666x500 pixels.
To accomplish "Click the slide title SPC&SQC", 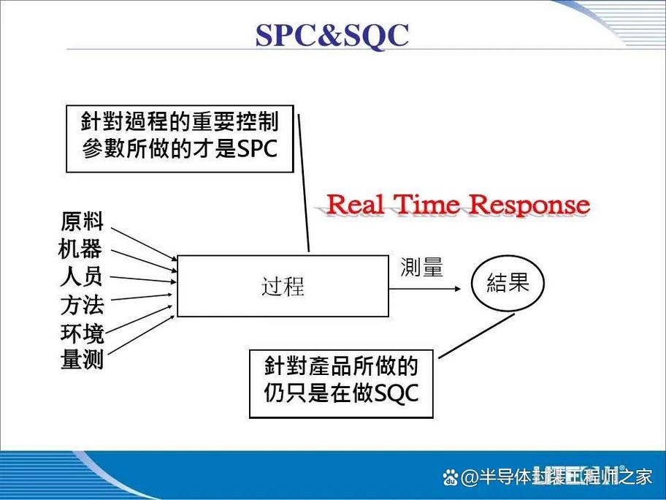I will [x=332, y=34].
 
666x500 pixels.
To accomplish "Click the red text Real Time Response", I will [x=457, y=205].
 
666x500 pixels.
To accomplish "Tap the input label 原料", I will [x=82, y=221].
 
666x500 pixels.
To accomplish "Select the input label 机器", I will [x=80, y=249].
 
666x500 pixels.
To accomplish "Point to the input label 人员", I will [x=81, y=277].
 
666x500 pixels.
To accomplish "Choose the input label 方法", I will [x=82, y=305].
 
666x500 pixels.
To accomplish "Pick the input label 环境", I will [x=82, y=334].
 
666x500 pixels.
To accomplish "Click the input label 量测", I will [x=82, y=360].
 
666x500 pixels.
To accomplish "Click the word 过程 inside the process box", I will [x=283, y=287].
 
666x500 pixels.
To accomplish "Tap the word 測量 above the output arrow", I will [x=421, y=268].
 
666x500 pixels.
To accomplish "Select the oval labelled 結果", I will [x=508, y=284].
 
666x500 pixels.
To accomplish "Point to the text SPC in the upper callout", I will [x=257, y=149].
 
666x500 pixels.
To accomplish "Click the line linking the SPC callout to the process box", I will [x=304, y=183].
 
